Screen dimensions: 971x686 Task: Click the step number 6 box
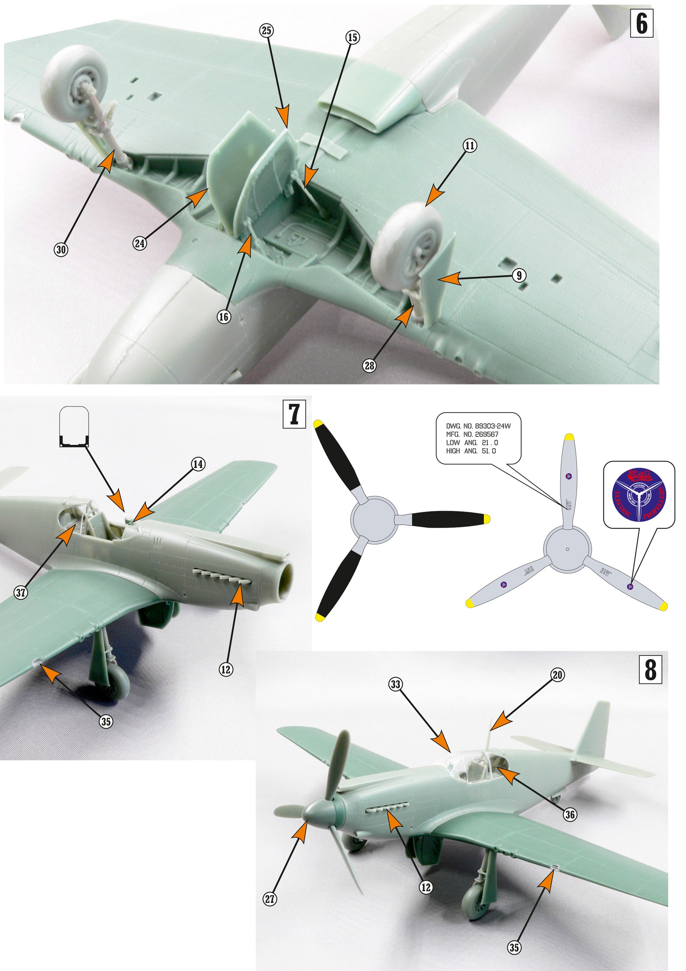(x=641, y=24)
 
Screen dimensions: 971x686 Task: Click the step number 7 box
(x=294, y=415)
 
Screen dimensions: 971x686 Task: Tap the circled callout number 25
(x=266, y=31)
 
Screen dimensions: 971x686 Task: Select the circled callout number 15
(x=352, y=37)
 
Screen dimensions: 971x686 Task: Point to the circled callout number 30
(x=61, y=249)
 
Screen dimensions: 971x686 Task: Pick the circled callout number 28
(x=370, y=365)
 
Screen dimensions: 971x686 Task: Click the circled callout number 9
(x=519, y=276)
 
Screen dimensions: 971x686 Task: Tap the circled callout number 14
(x=198, y=464)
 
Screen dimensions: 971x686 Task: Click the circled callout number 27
(x=270, y=899)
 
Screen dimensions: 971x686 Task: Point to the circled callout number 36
(x=570, y=815)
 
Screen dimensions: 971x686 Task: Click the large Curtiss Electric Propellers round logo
(x=639, y=494)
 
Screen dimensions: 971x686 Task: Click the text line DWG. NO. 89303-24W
(x=478, y=426)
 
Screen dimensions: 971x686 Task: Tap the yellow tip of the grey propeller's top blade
(x=569, y=436)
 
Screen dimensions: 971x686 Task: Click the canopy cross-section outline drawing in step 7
(x=74, y=426)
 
